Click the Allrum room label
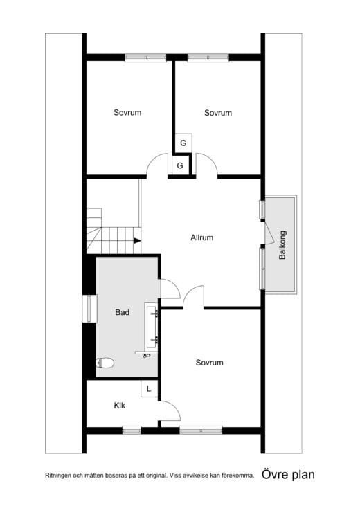coord(201,237)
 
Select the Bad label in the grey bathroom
coord(122,312)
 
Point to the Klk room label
coord(120,406)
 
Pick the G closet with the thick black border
coord(180,166)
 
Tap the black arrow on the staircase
coord(137,240)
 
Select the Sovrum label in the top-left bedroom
coord(127,112)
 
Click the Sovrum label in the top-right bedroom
coord(217,112)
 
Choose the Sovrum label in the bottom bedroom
coord(209,362)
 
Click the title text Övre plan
coord(288,475)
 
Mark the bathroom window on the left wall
coord(89,309)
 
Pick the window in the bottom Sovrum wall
coord(201,430)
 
